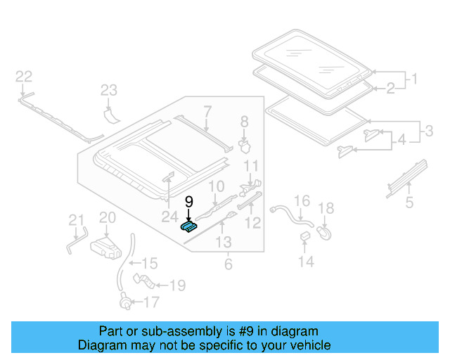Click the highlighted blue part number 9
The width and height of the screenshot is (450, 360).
point(188,226)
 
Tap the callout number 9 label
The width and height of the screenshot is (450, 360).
point(188,202)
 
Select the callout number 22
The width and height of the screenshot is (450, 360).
point(24,76)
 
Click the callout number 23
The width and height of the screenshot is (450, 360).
point(108,89)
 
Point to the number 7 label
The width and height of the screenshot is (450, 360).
point(207,110)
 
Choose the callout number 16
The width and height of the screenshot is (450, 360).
point(301,202)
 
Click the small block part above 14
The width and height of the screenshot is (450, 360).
point(306,235)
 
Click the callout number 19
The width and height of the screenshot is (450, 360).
point(177,285)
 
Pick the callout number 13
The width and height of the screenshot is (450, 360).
point(223,243)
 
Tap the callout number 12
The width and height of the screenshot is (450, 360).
point(253,223)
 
